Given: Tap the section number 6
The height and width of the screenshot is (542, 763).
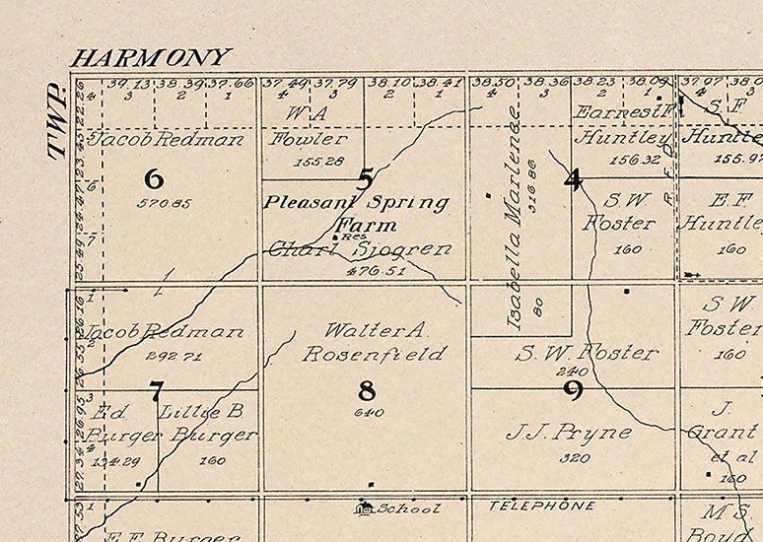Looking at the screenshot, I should [x=153, y=179].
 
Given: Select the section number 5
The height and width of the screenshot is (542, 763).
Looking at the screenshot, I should [x=366, y=179].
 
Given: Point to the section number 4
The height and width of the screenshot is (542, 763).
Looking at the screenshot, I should [x=573, y=179].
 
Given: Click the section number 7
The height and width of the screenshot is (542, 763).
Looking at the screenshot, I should [x=155, y=391].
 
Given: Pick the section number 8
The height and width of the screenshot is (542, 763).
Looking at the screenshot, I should [x=367, y=391].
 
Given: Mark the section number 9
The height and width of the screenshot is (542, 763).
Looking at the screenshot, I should [x=573, y=390].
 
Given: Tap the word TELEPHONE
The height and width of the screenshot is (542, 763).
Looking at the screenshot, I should [x=542, y=507].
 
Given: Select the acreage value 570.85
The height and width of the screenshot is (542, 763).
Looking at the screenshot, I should [x=153, y=204].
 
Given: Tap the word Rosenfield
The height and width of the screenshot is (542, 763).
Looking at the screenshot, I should [x=374, y=353].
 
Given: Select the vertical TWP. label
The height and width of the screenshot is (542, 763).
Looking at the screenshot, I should [x=55, y=122].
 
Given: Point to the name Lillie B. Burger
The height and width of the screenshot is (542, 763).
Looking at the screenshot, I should [x=208, y=423].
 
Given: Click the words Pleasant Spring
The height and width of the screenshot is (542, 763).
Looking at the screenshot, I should [x=356, y=203].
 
